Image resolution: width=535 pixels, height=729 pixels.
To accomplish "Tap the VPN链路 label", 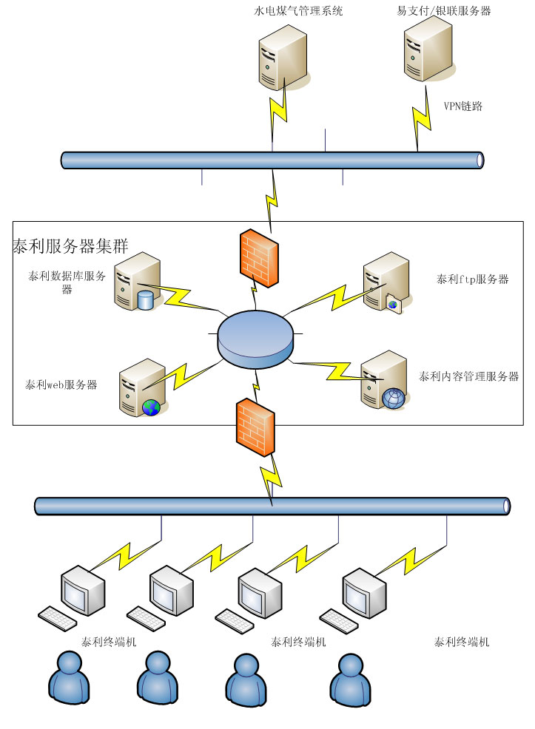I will coord(463,106).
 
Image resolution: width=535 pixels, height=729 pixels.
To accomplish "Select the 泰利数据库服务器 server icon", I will coord(138,281).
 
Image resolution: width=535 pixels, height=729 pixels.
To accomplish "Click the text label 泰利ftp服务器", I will coord(473,279).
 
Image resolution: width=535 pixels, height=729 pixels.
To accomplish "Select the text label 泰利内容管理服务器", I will coord(469,376).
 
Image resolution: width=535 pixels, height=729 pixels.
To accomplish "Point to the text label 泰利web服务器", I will coord(61,385).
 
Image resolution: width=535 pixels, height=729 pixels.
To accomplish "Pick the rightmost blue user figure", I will coord(350,679).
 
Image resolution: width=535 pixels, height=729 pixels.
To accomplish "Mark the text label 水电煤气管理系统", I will coord(298,11).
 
